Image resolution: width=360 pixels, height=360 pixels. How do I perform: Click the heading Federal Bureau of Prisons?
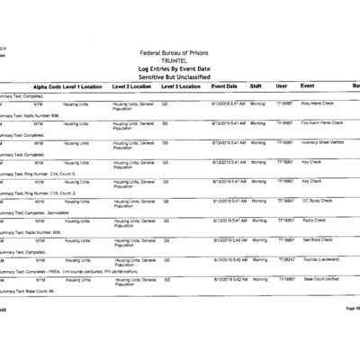(179, 54)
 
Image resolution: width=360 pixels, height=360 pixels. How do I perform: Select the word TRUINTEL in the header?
(179, 61)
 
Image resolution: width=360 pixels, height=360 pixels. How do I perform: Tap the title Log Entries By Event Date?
(179, 68)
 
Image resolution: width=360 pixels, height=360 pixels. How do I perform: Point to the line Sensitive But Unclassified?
(179, 76)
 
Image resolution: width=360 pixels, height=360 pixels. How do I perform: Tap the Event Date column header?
(224, 85)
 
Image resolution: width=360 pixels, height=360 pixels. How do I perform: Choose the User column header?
(281, 85)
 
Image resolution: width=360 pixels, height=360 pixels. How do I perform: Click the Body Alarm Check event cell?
(315, 103)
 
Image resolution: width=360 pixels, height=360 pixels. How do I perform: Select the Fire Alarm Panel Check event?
(320, 122)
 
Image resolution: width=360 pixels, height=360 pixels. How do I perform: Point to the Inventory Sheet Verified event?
(321, 142)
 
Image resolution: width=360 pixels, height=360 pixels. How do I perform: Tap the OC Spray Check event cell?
(317, 201)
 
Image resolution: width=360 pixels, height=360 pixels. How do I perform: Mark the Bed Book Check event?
(316, 240)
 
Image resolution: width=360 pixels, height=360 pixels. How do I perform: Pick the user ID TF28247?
(284, 259)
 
